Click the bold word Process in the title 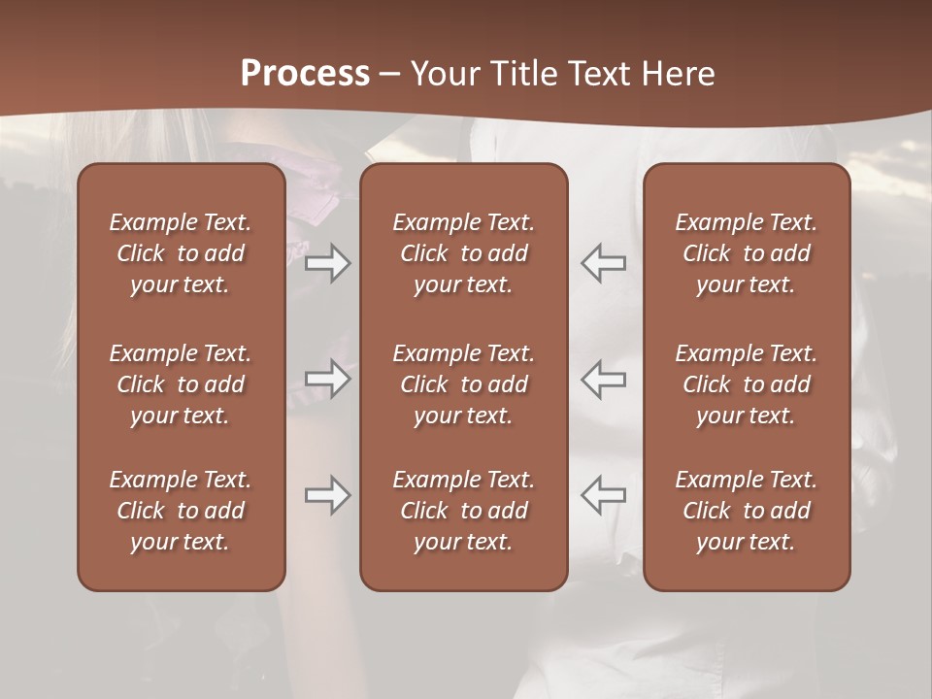click(x=305, y=74)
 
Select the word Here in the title click(x=680, y=74)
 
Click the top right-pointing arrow click(x=327, y=263)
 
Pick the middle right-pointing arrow click(x=327, y=379)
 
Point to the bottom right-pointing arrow click(x=327, y=495)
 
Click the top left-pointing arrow click(x=604, y=263)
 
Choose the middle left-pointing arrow click(x=604, y=379)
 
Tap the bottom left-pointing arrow click(x=604, y=495)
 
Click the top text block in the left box click(x=181, y=253)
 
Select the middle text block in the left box click(x=181, y=384)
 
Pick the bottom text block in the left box click(x=181, y=511)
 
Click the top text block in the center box click(x=463, y=253)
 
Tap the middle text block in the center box click(x=463, y=384)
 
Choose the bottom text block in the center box click(x=463, y=511)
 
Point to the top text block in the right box click(x=747, y=253)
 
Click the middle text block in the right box click(x=747, y=384)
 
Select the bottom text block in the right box click(x=747, y=511)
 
